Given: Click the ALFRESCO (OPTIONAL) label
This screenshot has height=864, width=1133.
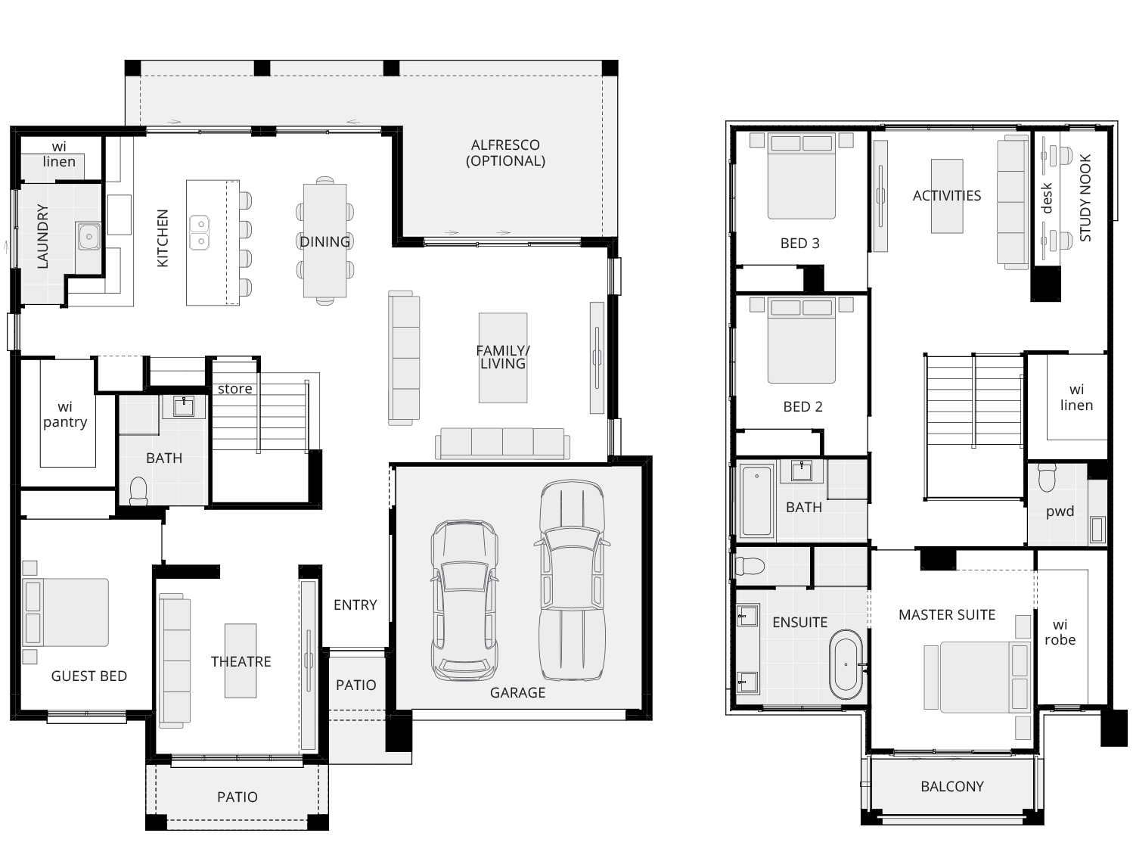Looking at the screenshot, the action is tap(505, 153).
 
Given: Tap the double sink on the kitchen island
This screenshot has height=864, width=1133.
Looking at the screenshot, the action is tap(199, 233).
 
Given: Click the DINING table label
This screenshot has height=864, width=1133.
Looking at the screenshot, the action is tap(324, 241).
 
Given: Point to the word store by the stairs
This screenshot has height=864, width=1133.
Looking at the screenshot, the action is tap(235, 389).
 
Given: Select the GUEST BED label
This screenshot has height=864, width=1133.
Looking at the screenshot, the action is tap(88, 676).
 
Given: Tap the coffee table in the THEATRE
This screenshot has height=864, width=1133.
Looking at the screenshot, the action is tap(241, 660).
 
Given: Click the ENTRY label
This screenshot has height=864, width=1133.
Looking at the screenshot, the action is tap(355, 604).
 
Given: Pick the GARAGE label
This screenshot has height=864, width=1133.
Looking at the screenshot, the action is tap(517, 692).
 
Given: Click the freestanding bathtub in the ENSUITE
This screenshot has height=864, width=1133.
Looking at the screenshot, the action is tap(846, 664).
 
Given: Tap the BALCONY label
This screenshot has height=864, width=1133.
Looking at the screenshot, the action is tap(951, 786).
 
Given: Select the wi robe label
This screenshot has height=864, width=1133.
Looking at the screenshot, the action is tap(1060, 632).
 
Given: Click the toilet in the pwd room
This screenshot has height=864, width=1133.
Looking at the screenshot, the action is tap(1047, 477).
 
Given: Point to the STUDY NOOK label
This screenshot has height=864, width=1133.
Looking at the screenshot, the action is tap(1085, 197).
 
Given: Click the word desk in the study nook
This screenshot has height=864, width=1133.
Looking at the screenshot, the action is tap(1046, 197).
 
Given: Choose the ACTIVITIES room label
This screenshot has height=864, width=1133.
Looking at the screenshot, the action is tap(947, 196).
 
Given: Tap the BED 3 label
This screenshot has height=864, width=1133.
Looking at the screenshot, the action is tap(799, 243).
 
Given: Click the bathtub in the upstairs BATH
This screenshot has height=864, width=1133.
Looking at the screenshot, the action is tap(756, 500).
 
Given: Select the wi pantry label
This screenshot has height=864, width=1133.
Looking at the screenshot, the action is tap(65, 415).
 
